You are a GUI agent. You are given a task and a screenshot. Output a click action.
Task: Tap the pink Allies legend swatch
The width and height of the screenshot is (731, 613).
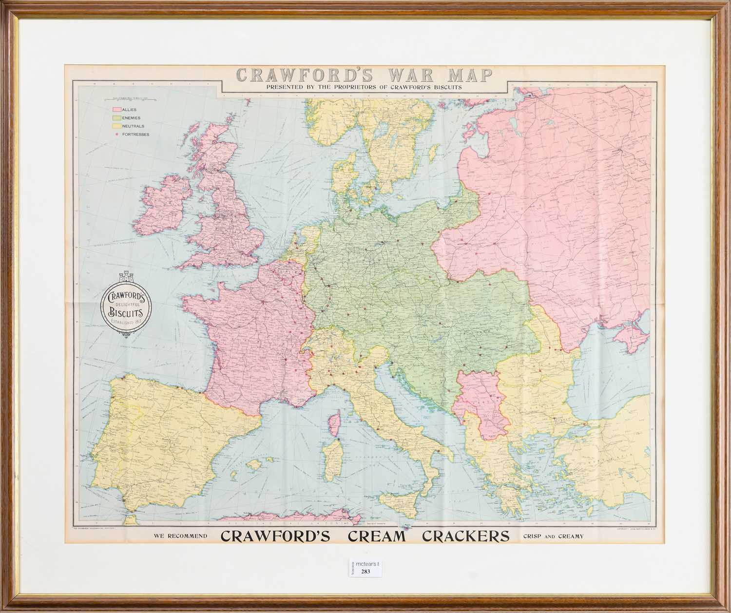[117, 110]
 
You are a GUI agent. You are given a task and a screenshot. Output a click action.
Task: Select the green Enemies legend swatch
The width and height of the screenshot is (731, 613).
[117, 118]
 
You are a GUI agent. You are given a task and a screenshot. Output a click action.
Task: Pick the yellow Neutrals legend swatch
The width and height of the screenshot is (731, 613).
[117, 126]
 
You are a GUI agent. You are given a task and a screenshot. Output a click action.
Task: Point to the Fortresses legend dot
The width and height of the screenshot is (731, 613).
[117, 134]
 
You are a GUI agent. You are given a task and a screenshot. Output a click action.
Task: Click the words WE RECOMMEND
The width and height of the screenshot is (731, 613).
[180, 536]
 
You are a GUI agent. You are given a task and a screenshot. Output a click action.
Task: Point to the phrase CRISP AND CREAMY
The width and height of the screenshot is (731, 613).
[553, 536]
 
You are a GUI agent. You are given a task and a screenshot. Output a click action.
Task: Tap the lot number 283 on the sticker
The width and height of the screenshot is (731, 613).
[365, 572]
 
